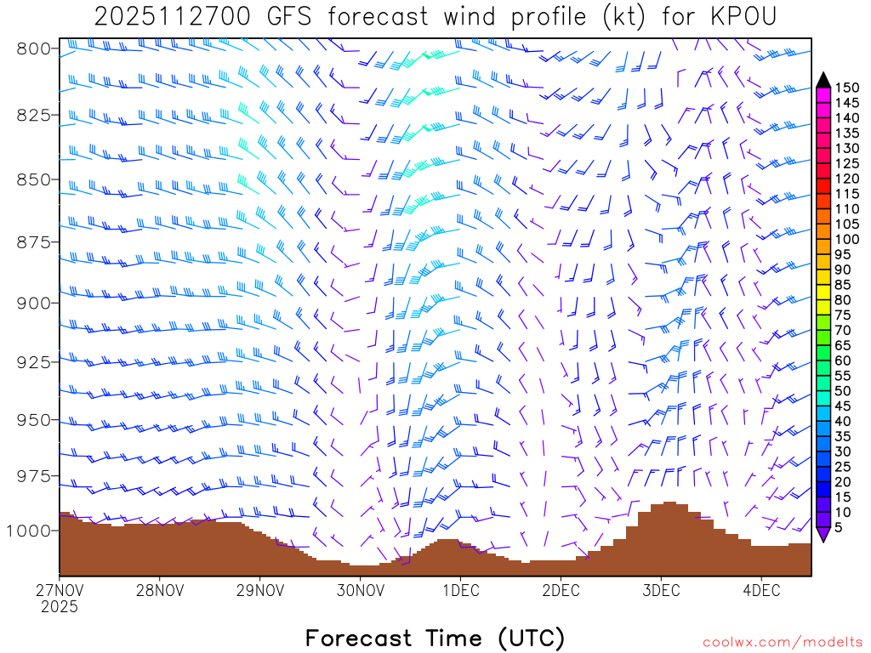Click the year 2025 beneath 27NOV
[x=59, y=607]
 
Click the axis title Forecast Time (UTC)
[x=435, y=638]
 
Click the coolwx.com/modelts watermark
[x=783, y=642]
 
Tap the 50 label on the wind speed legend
[x=843, y=390]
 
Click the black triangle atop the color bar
[x=823, y=80]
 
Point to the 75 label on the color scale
[x=843, y=315]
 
